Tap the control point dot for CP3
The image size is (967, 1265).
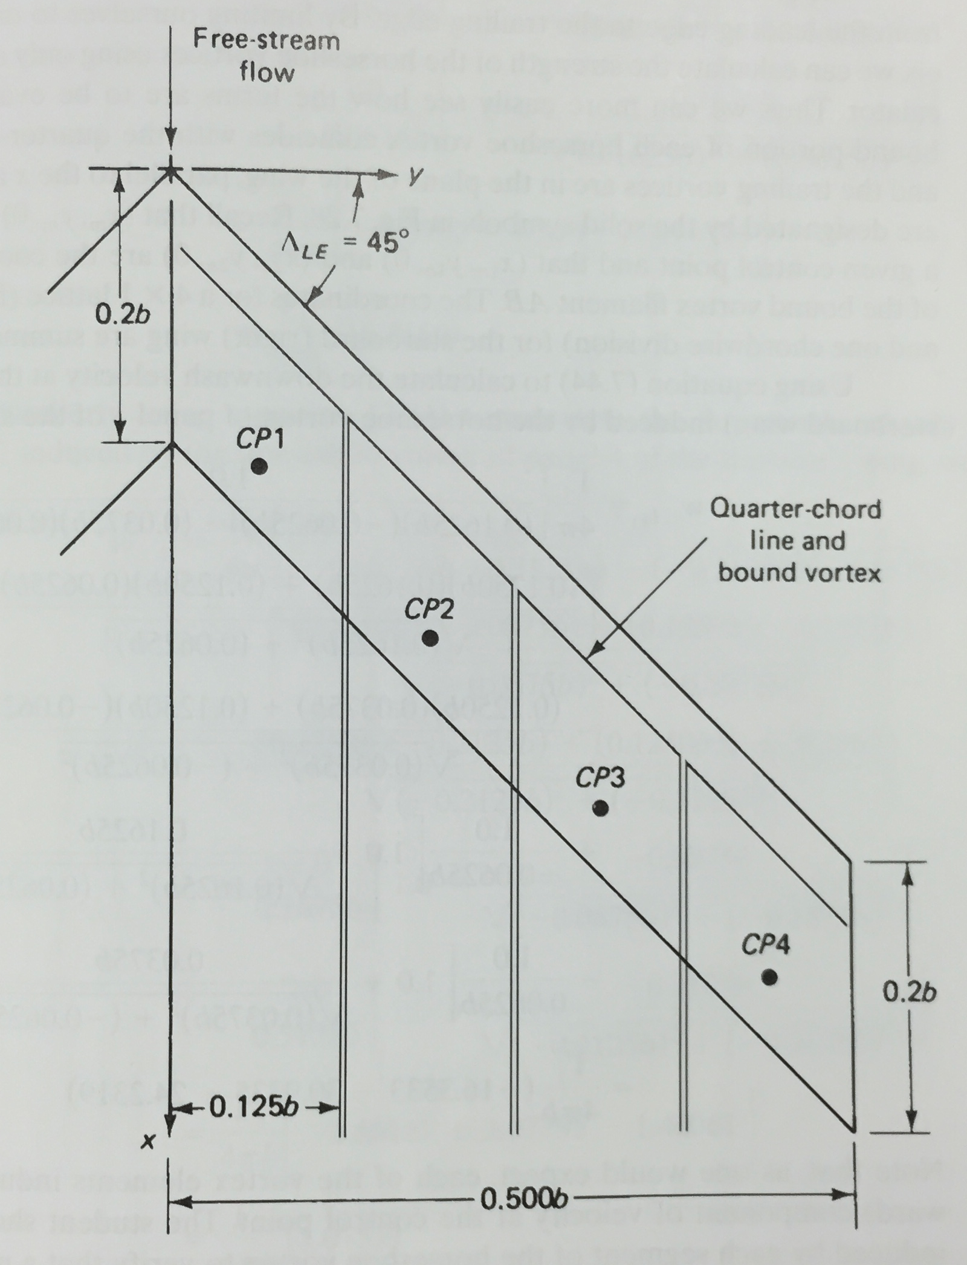600,808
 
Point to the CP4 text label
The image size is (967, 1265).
766,945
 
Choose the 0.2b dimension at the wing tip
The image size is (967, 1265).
910,992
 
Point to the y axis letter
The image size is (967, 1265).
413,174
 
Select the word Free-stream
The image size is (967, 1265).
267,41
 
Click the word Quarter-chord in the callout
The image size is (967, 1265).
795,510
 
